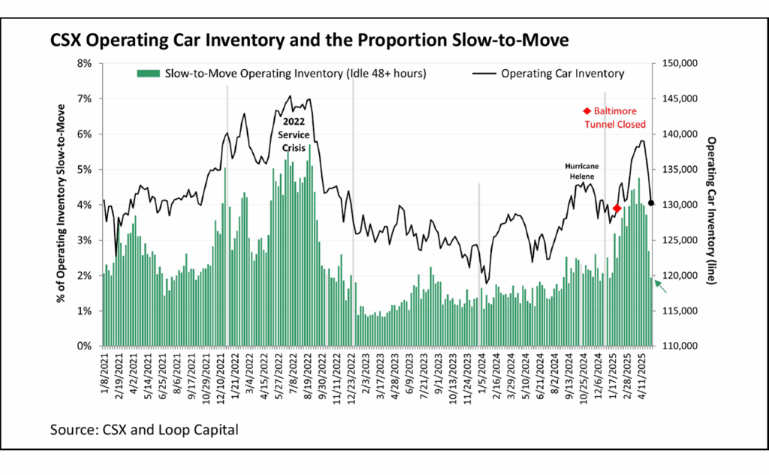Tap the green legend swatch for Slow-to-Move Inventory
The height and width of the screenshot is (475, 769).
pyautogui.click(x=147, y=74)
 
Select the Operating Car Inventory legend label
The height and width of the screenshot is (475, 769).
pyautogui.click(x=562, y=74)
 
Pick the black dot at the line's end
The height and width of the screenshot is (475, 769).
pyautogui.click(x=651, y=203)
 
